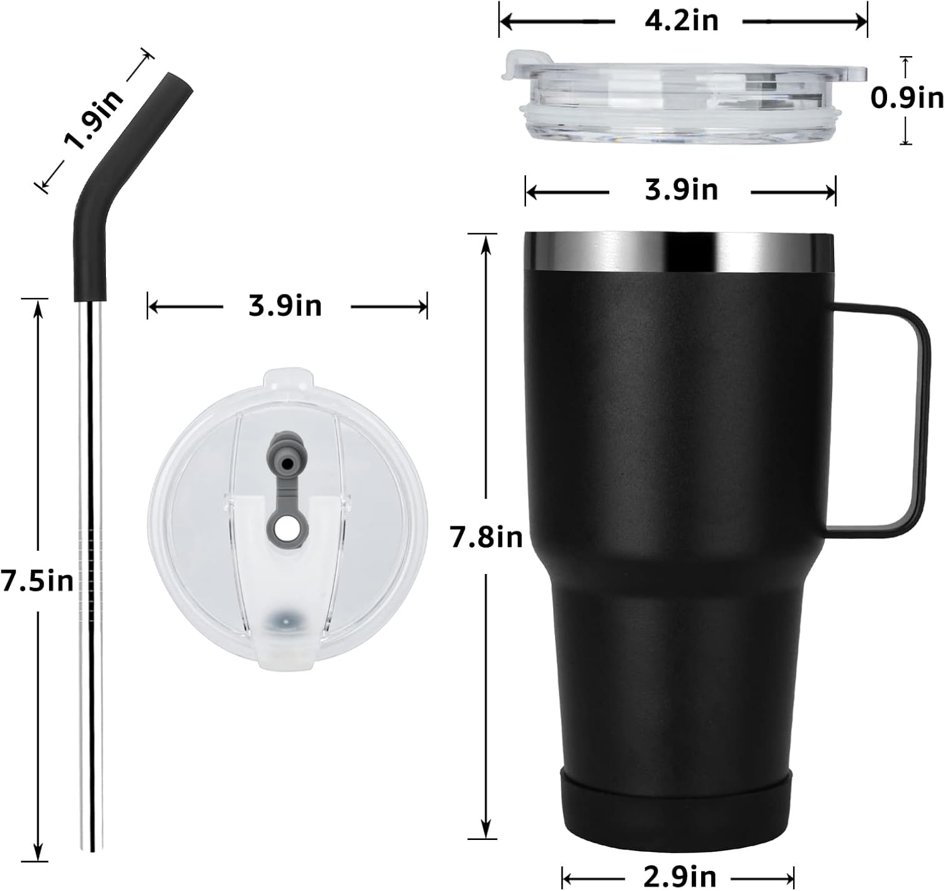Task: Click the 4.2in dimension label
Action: coord(682,21)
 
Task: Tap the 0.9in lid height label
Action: coord(907,99)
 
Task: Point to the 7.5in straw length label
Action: coord(37,581)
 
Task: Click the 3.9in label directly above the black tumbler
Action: coord(681,190)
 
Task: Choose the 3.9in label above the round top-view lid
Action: coord(285,306)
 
